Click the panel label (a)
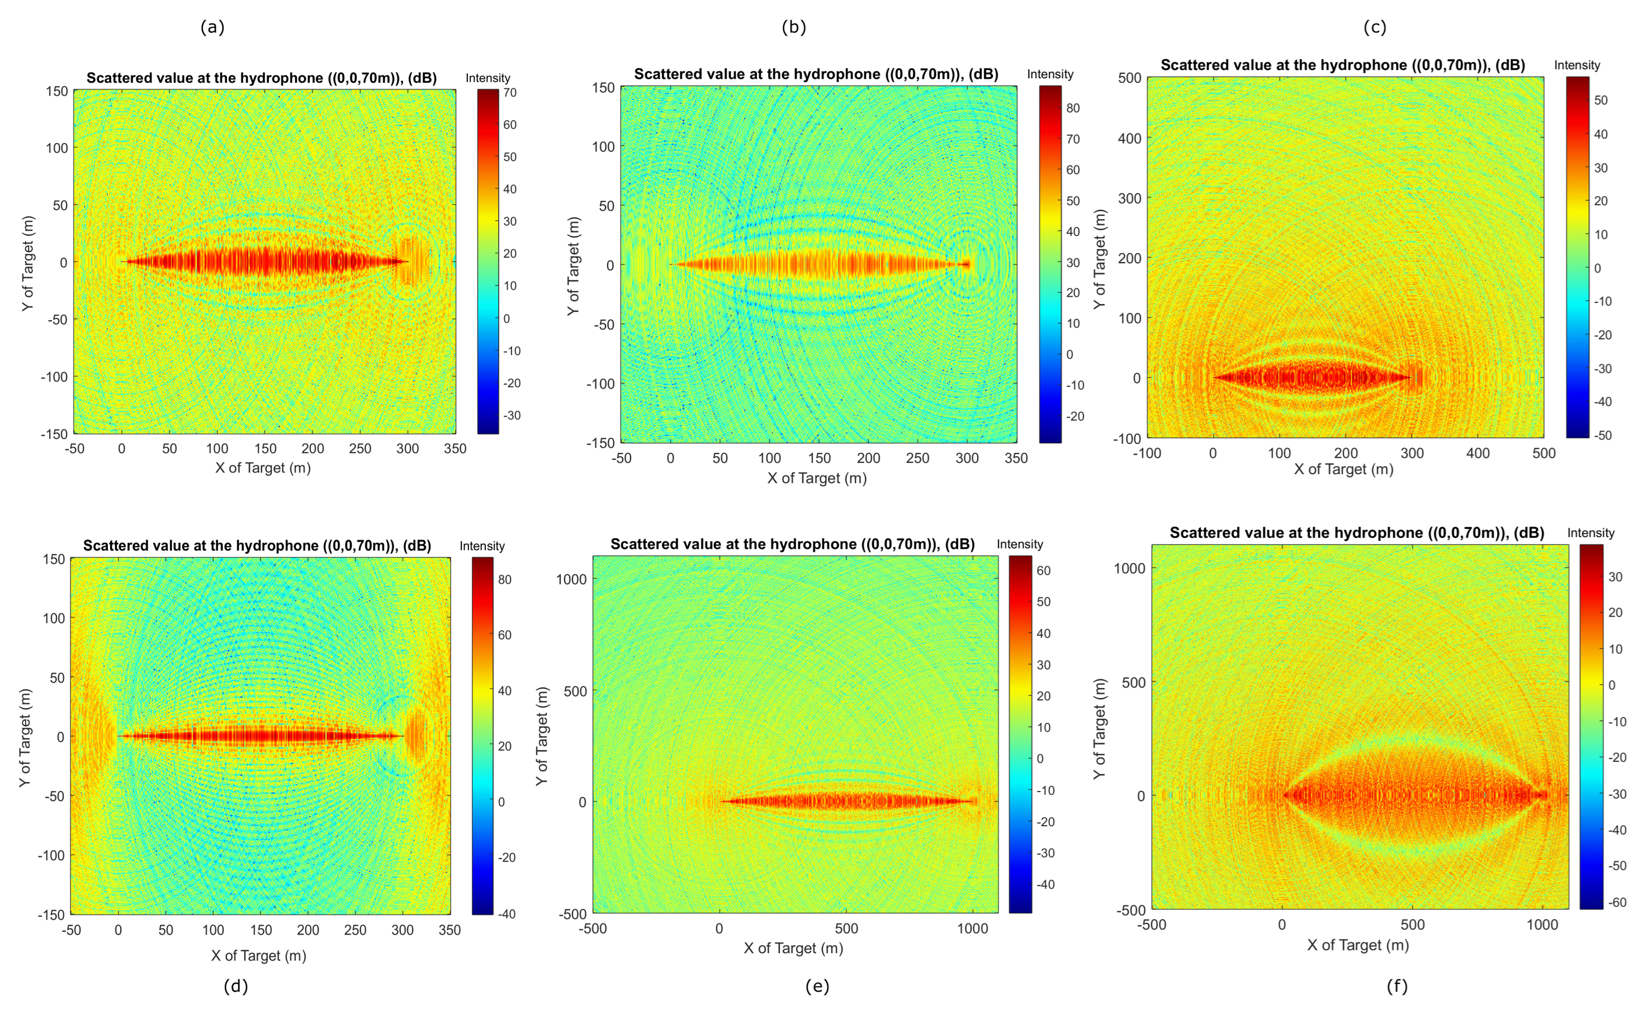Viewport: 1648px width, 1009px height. coord(212,27)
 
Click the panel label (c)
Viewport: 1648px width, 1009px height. coord(1375,27)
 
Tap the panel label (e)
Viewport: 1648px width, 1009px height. coord(817,986)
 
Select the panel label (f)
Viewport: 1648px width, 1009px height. coord(1396,986)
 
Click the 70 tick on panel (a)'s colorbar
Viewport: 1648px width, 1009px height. coord(510,93)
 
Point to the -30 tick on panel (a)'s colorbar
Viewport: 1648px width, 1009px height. coord(511,415)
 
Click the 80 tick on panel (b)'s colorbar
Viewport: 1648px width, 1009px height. coord(1073,108)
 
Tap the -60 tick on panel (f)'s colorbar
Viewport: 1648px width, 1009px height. coord(1617,902)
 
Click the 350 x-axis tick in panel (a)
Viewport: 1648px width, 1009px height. coord(455,449)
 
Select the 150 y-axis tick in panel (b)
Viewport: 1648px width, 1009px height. coord(603,88)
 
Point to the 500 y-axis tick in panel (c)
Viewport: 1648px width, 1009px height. coord(1129,78)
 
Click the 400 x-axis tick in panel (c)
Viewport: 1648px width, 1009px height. coord(1477,453)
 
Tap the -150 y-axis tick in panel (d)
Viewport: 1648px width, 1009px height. coord(51,915)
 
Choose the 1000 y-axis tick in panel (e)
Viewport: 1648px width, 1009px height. coord(571,579)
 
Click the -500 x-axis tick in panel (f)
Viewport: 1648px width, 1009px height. coord(1151,925)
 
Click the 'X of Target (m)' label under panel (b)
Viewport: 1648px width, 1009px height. coord(816,478)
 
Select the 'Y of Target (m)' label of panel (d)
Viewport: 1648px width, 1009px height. coord(25,737)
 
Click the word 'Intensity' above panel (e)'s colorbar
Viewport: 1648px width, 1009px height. coord(1019,544)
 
